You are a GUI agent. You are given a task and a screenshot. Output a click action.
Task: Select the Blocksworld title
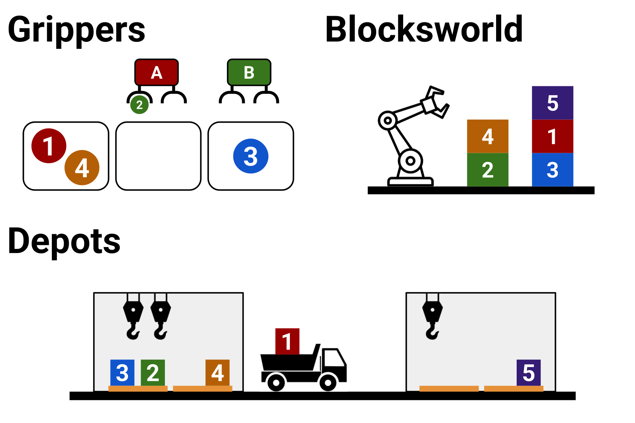click(424, 29)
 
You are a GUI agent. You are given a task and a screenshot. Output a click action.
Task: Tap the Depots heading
click(64, 241)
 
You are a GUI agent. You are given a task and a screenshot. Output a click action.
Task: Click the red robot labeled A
click(157, 72)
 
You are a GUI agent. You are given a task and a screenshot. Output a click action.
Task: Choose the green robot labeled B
click(249, 72)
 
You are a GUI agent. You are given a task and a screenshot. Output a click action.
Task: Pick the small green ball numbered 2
click(139, 105)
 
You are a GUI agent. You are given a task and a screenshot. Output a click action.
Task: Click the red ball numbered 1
click(49, 146)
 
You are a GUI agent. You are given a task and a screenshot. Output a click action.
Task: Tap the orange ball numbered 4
click(82, 168)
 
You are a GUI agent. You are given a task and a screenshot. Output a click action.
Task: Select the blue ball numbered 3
click(251, 156)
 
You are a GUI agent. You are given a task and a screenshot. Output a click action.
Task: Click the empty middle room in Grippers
click(158, 156)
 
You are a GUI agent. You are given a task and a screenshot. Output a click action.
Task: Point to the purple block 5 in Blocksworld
click(552, 103)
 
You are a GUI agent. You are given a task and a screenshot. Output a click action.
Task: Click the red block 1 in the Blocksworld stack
click(552, 136)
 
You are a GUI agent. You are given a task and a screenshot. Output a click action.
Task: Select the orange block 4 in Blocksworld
click(488, 136)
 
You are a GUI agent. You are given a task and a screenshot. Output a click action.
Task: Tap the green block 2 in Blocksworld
click(488, 170)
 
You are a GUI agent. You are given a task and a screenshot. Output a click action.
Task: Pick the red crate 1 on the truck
click(287, 341)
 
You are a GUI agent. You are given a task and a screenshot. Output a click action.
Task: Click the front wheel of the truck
click(328, 383)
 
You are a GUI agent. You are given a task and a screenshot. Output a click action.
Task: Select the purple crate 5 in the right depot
click(528, 373)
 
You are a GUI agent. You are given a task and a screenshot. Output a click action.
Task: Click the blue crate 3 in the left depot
click(122, 373)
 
